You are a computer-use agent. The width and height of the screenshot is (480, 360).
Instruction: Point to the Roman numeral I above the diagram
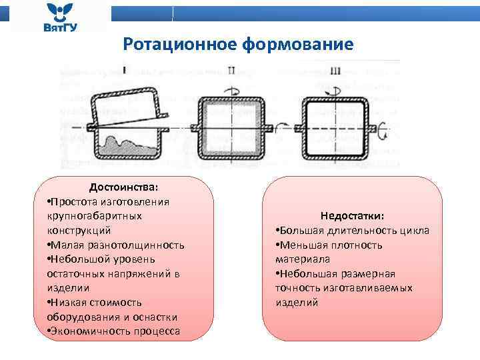(x=125, y=69)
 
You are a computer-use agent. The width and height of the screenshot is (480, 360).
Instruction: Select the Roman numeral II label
(x=231, y=69)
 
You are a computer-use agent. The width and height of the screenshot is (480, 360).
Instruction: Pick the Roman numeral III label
(x=335, y=70)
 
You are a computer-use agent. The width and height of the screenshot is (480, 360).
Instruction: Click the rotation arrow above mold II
(x=231, y=87)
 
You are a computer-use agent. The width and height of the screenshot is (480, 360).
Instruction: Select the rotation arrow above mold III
(x=336, y=87)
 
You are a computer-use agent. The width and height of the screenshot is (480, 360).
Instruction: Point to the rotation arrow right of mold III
(x=383, y=132)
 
